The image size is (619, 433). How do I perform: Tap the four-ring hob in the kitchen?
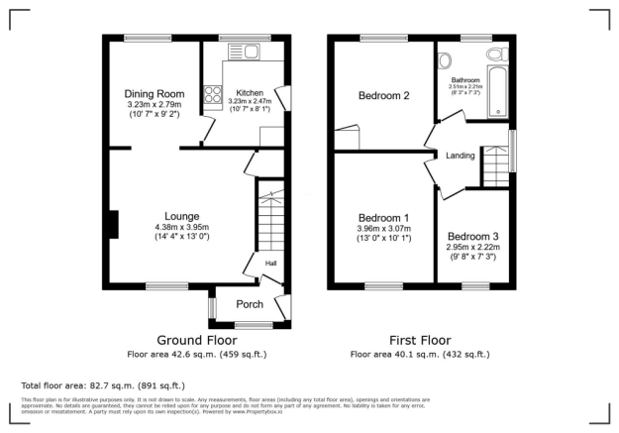point(211,96)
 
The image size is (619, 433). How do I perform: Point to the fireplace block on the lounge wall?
point(114,225)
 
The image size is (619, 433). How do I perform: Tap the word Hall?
point(270,263)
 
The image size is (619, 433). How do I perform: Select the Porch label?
point(249,304)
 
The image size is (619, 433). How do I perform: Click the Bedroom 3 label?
point(472,237)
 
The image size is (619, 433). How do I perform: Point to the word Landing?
point(461,156)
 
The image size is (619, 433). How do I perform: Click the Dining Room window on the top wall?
point(139,39)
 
